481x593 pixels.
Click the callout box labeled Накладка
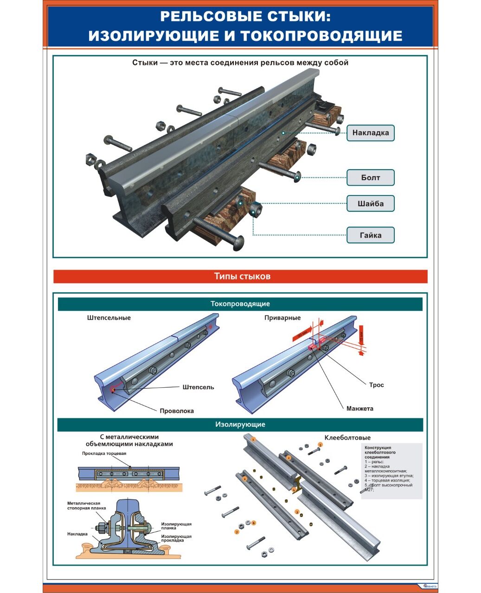(370, 133)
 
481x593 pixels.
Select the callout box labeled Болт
(370, 177)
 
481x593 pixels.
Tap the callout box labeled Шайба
(370, 203)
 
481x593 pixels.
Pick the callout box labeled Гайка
(370, 235)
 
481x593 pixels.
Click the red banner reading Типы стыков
(240, 277)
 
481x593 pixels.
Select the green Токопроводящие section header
(240, 304)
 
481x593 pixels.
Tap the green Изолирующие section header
(240, 424)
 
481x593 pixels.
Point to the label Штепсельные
(109, 318)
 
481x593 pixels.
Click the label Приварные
(282, 318)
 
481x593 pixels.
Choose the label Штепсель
(198, 387)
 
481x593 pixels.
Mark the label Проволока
(177, 411)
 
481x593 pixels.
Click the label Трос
(376, 385)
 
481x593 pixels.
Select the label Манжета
(359, 409)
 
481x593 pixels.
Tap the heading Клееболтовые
(347, 438)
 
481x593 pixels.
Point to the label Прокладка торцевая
(104, 453)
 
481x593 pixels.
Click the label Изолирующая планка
(176, 526)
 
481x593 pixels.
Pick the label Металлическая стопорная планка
(83, 505)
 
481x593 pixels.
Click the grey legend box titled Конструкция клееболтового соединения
(391, 471)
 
